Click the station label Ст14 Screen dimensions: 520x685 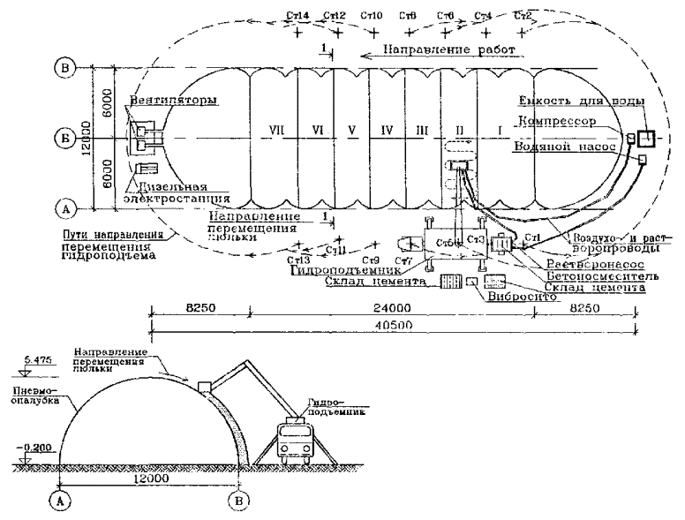tap(298, 16)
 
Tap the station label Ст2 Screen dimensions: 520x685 tap(522, 16)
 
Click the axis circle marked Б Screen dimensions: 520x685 tap(63, 137)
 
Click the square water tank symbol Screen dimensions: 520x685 tap(647, 139)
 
